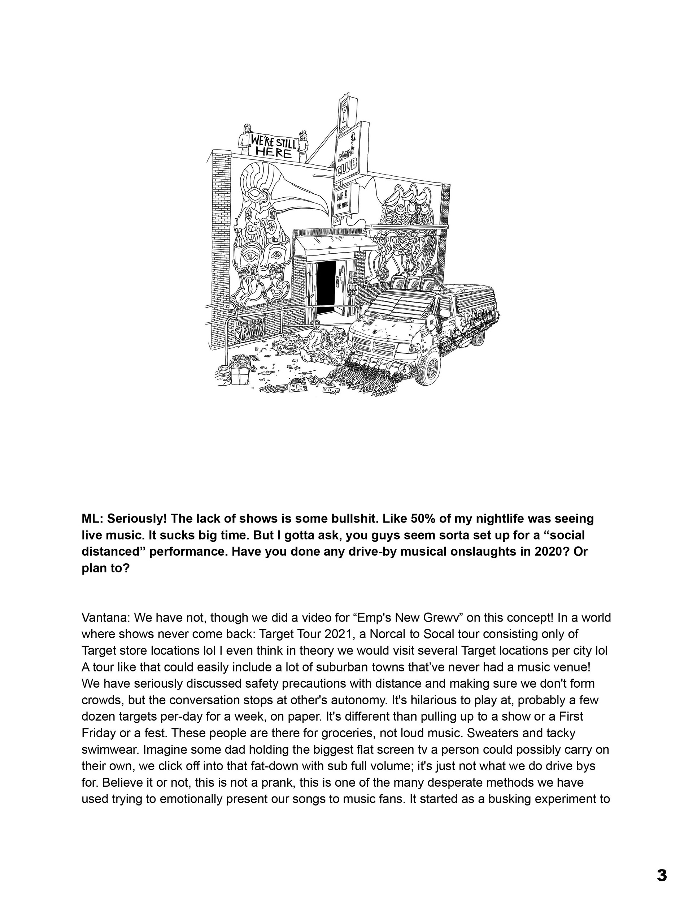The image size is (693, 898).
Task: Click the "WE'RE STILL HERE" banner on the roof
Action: pos(273,146)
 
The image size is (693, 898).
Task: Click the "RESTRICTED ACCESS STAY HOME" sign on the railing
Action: pos(250,329)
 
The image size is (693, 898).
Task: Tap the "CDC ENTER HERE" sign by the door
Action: pos(352,288)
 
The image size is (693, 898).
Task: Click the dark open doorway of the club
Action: pos(326,288)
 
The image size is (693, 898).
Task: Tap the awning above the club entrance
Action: pos(335,245)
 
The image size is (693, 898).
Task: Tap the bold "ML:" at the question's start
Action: pos(92,519)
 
